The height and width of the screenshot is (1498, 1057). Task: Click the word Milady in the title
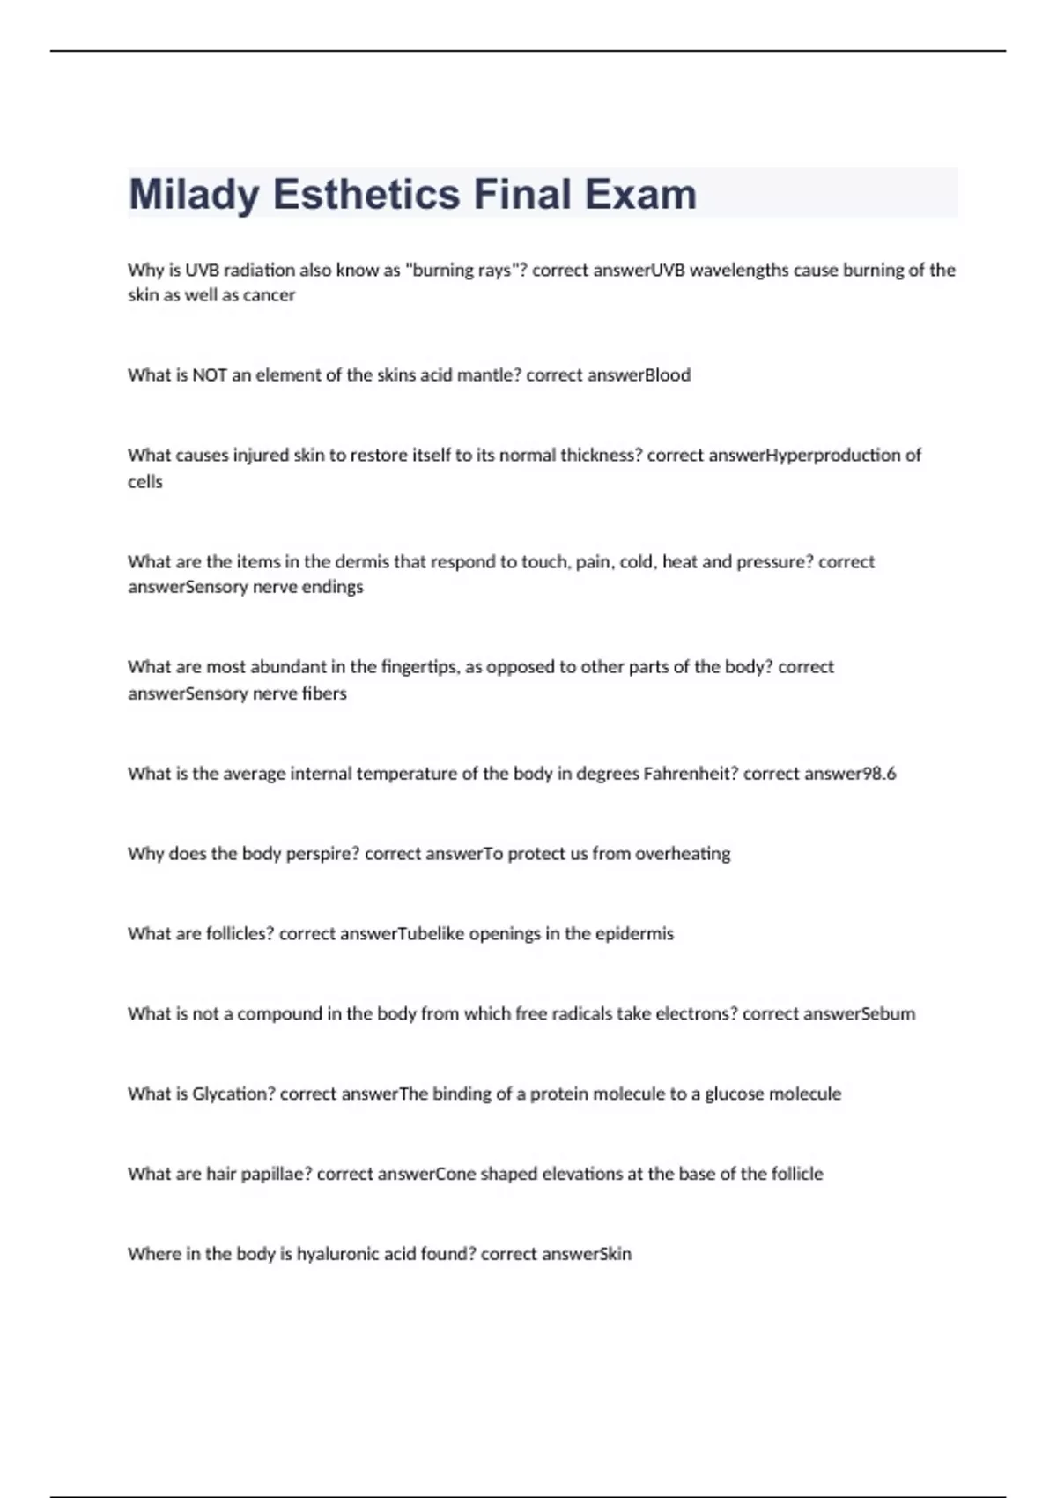[x=194, y=195]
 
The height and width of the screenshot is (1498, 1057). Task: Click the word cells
[x=145, y=482]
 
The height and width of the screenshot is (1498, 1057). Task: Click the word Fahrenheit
[x=691, y=774]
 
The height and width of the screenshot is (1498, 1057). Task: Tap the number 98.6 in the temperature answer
[x=878, y=774]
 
